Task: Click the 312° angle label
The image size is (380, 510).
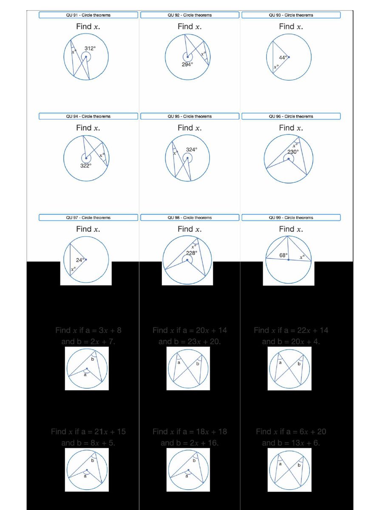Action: [x=90, y=48]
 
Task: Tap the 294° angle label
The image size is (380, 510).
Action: [x=187, y=64]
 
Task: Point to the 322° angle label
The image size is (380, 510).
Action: [x=86, y=166]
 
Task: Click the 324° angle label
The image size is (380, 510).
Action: [x=192, y=150]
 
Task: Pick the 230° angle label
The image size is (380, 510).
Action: [x=293, y=151]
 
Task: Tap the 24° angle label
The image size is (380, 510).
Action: [x=80, y=260]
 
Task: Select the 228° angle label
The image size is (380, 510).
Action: [x=192, y=253]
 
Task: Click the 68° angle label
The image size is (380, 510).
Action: [x=284, y=255]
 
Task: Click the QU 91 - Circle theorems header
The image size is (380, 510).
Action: [x=88, y=15]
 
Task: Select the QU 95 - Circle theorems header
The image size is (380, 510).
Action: [x=190, y=116]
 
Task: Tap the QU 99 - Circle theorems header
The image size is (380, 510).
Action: [x=291, y=218]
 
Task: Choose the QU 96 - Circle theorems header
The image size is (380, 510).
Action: [x=291, y=116]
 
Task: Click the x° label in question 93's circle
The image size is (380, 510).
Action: [x=276, y=67]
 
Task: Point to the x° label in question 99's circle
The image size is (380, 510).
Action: [x=302, y=257]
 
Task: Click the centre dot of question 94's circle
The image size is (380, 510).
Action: [x=86, y=158]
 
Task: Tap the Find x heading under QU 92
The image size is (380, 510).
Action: [x=190, y=26]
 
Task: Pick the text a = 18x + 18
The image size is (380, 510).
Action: [x=204, y=432]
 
